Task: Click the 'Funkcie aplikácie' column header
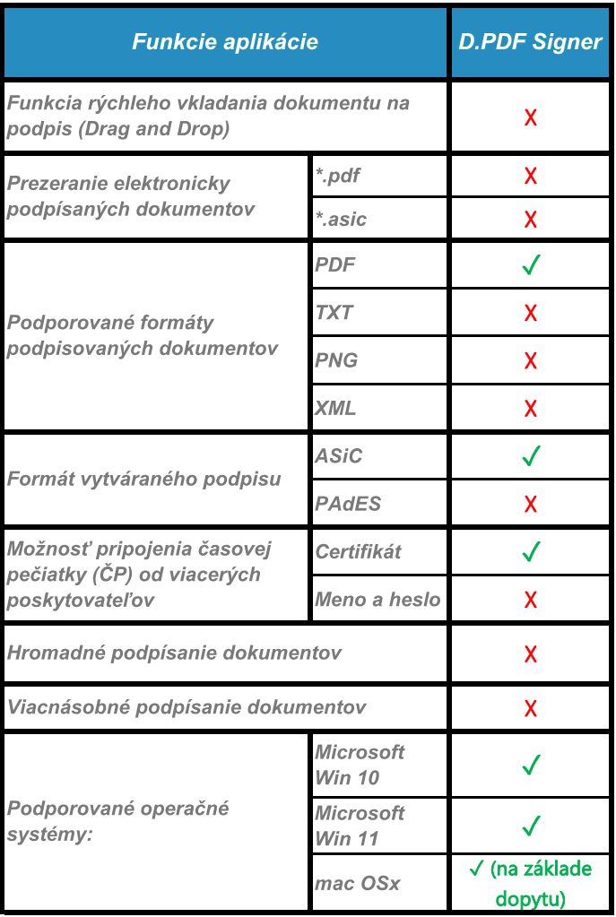coord(225,42)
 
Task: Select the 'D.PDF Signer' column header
coord(530,42)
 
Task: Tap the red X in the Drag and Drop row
coord(531,117)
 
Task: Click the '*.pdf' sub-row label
coord(338,175)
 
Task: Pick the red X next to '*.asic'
coord(531,219)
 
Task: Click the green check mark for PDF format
coord(531,265)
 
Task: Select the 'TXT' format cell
coord(334,312)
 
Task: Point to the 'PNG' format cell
coord(336,359)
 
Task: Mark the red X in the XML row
coord(531,408)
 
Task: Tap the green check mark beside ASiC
coord(531,456)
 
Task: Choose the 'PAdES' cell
coord(348,504)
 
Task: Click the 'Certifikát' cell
coord(359,551)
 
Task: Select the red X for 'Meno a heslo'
coord(531,599)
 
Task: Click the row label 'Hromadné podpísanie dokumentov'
coord(174,652)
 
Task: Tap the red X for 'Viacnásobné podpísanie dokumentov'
coord(531,707)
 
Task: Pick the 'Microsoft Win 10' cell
coord(360,765)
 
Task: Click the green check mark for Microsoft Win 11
coord(531,825)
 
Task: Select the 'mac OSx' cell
coord(357,883)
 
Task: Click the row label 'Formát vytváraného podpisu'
coord(144,479)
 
